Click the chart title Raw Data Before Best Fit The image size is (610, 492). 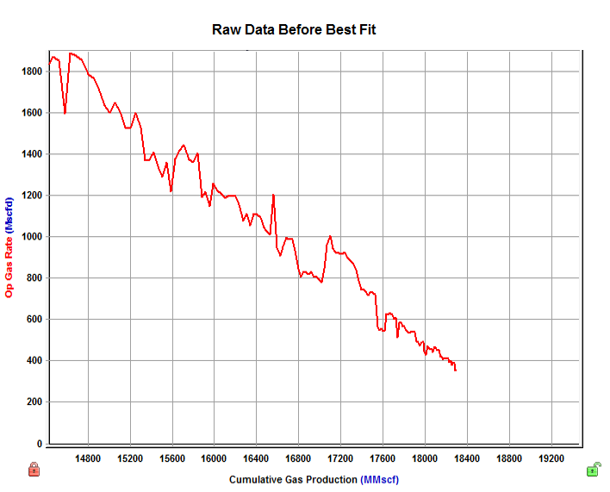pos(294,30)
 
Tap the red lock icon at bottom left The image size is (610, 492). pos(34,470)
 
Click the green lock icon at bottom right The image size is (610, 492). pos(593,470)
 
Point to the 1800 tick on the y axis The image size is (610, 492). pos(32,72)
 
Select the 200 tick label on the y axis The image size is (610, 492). pos(34,402)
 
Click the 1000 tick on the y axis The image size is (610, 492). pos(32,237)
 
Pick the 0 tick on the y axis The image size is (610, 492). pos(40,444)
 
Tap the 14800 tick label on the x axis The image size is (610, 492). pos(89,459)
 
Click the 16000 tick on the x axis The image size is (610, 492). pos(215,459)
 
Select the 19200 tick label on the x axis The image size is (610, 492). pos(551,459)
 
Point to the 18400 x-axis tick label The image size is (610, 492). pos(467,459)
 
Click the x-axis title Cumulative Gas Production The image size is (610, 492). pos(293,479)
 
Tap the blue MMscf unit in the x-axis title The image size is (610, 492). pos(380,479)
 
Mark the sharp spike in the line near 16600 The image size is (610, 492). pos(273,195)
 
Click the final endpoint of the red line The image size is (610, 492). pos(456,371)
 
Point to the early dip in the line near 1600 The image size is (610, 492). pos(65,113)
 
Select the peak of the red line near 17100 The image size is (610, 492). pos(330,235)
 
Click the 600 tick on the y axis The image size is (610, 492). pos(34,320)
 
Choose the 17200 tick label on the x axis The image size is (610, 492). pos(341,459)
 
